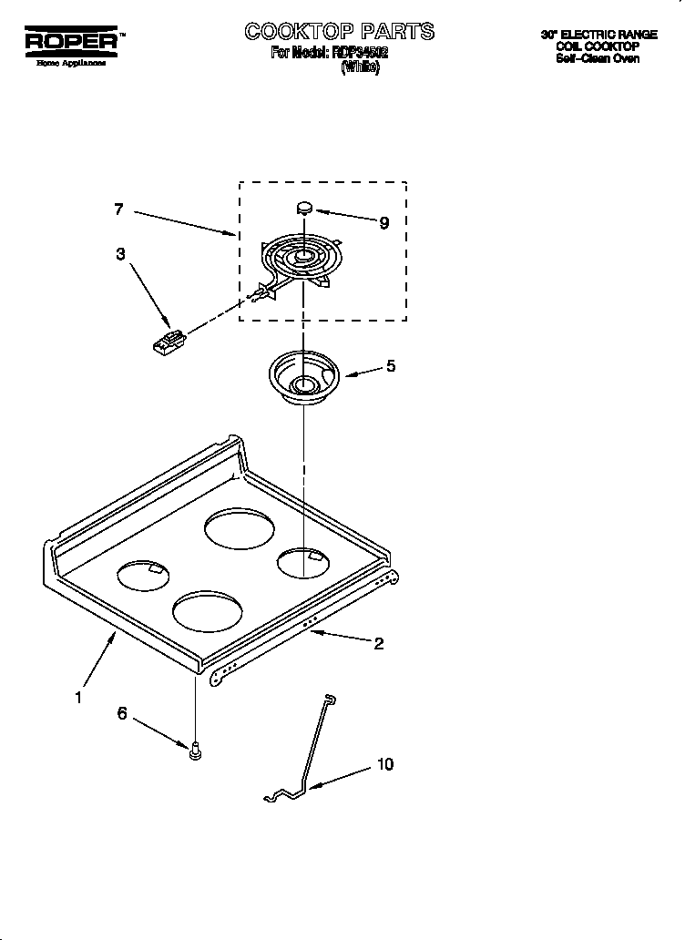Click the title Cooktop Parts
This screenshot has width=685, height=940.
coord(339,32)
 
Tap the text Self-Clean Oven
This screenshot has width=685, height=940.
coord(598,59)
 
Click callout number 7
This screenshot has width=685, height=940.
coord(118,209)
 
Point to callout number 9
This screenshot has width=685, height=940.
coord(383,223)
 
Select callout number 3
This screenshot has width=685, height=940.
coord(120,255)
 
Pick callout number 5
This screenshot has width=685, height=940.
coord(390,367)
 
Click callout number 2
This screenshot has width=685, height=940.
coord(378,644)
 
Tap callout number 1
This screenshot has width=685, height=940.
coord(78,698)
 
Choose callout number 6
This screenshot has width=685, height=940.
coord(122,714)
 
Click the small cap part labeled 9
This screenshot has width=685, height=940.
coord(305,208)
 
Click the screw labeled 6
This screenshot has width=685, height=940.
coord(195,751)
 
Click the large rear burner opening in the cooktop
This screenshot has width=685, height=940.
coord(238,529)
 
